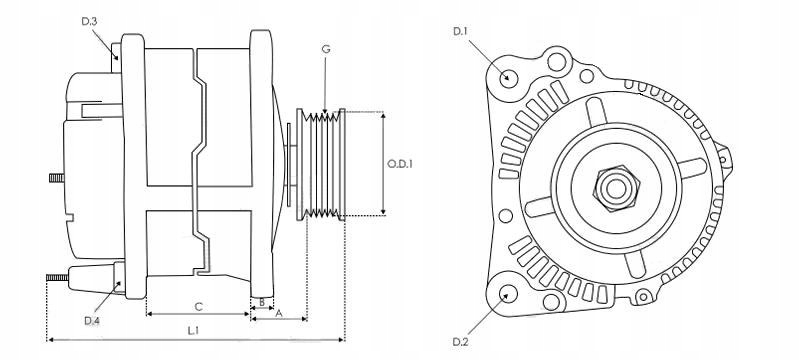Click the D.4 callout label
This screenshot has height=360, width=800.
(x=92, y=320)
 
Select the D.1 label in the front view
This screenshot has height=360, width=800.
(x=461, y=32)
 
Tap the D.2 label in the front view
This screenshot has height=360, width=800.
(x=460, y=341)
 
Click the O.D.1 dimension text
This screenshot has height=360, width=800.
(x=401, y=164)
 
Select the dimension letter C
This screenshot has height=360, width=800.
(x=198, y=305)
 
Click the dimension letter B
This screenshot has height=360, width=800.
(x=261, y=302)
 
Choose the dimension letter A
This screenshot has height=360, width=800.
(x=279, y=313)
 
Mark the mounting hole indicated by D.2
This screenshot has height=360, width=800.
(x=508, y=294)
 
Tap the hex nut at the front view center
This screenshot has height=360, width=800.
(x=611, y=186)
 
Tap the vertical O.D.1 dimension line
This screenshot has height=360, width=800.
(x=383, y=163)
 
